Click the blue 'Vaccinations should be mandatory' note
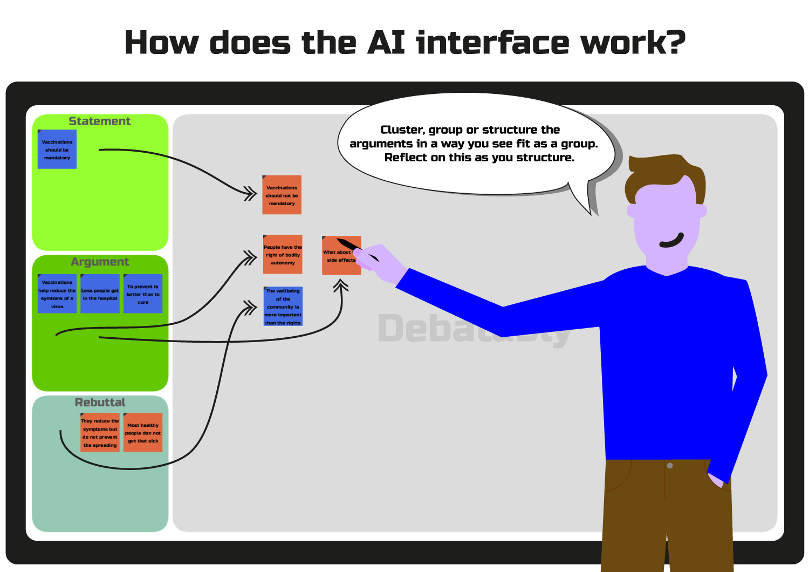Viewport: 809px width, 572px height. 57,149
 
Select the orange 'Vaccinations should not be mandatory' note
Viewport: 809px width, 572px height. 282,195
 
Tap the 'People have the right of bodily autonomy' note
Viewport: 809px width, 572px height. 283,254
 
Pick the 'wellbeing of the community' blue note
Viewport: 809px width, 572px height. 283,306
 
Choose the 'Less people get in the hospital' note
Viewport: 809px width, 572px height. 100,294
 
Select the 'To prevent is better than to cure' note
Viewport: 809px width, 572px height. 143,294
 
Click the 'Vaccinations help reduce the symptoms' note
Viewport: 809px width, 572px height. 57,294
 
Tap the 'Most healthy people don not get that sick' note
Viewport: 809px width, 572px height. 143,432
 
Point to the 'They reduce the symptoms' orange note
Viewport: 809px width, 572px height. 100,432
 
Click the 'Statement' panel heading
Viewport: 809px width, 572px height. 100,121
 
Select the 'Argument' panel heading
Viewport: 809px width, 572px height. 100,262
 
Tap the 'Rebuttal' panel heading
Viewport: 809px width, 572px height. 100,402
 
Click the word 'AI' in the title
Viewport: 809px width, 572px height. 386,43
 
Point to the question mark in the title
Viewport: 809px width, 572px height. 674,43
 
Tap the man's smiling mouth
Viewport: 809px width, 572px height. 672,241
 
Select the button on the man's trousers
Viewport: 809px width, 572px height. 670,466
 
